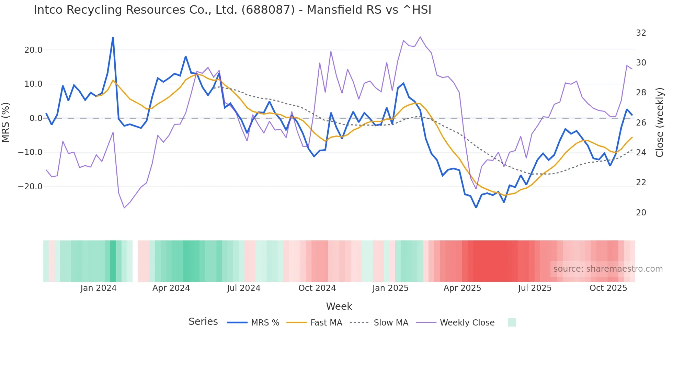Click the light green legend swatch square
tap(512, 322)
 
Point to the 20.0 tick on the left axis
tap(33, 50)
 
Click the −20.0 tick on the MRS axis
tap(30, 187)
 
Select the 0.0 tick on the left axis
tap(36, 118)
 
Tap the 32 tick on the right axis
tap(641, 33)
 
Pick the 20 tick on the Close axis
tap(641, 213)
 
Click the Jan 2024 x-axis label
tap(99, 288)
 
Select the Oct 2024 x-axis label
tap(317, 288)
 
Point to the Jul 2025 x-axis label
tap(535, 288)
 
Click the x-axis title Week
tap(339, 306)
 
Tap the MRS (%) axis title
tap(6, 122)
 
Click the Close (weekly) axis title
tap(660, 122)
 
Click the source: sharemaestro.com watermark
tap(608, 269)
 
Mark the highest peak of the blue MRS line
tap(113, 37)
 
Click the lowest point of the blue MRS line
tap(476, 208)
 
